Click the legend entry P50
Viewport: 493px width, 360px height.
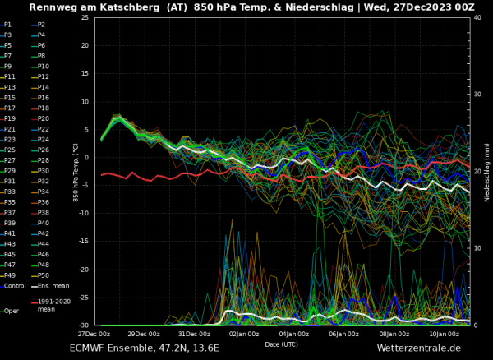point(44,275)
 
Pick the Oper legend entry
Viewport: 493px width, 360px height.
point(11,311)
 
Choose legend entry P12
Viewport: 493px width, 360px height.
point(44,76)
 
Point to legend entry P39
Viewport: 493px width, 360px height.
point(10,223)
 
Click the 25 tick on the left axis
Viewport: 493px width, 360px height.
point(85,18)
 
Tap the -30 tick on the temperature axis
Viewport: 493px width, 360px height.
point(84,325)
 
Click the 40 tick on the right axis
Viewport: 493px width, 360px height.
point(477,18)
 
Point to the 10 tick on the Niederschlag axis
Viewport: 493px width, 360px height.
point(477,248)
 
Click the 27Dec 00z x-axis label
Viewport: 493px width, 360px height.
point(94,334)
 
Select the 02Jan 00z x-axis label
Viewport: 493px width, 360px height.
point(244,334)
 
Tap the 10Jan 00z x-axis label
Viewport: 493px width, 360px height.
point(445,334)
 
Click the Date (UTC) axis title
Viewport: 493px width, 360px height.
point(282,344)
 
